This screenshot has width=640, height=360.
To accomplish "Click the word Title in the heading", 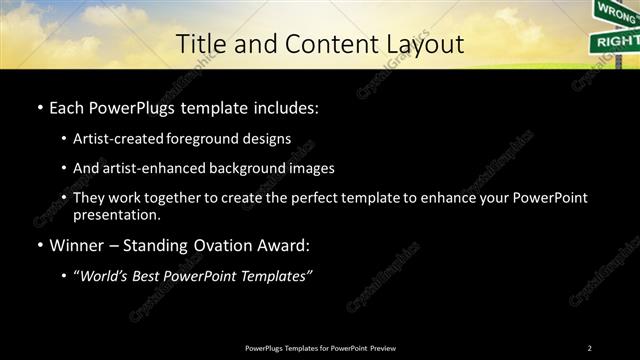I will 199,44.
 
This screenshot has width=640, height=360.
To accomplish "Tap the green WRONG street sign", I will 614,11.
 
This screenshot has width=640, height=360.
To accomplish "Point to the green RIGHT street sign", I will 614,41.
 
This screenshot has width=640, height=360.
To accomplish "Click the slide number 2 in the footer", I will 589,348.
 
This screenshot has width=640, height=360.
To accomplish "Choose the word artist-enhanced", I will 146,168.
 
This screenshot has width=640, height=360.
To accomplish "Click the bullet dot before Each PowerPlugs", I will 38,107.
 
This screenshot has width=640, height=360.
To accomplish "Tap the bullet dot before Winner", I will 38,244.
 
